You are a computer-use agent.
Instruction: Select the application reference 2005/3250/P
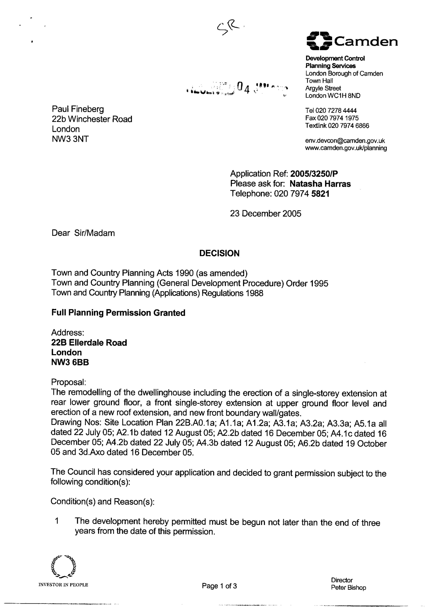click(314, 174)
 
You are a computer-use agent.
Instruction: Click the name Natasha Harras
click(320, 184)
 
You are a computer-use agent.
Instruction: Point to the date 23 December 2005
click(265, 213)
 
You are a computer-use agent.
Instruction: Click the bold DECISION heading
click(219, 253)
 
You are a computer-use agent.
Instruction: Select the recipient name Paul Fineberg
click(78, 109)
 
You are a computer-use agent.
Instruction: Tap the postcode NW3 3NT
click(70, 139)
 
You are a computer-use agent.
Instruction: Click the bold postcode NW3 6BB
click(70, 362)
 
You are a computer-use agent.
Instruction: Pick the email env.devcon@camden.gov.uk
click(345, 141)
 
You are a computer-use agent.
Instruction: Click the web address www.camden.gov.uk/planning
click(346, 148)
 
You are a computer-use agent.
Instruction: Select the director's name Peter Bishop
click(348, 587)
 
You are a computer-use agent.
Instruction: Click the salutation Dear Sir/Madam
click(83, 233)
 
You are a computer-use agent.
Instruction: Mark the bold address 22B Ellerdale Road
click(89, 343)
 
